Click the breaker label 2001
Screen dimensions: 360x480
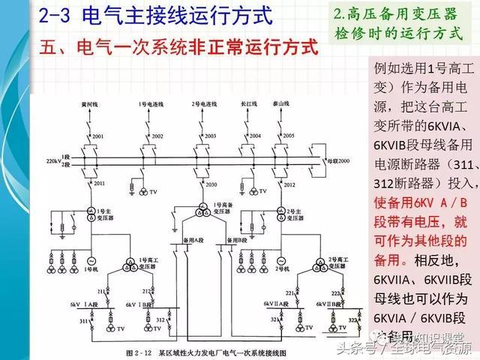pyautogui.click(x=98, y=136)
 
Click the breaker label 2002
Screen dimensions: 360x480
pyautogui.click(x=157, y=136)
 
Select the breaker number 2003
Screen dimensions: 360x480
pyautogui.click(x=210, y=136)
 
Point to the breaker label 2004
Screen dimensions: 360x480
pyautogui.click(x=255, y=136)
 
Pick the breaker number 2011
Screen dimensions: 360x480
pyautogui.click(x=98, y=182)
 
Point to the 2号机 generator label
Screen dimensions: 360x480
pyautogui.click(x=283, y=268)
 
